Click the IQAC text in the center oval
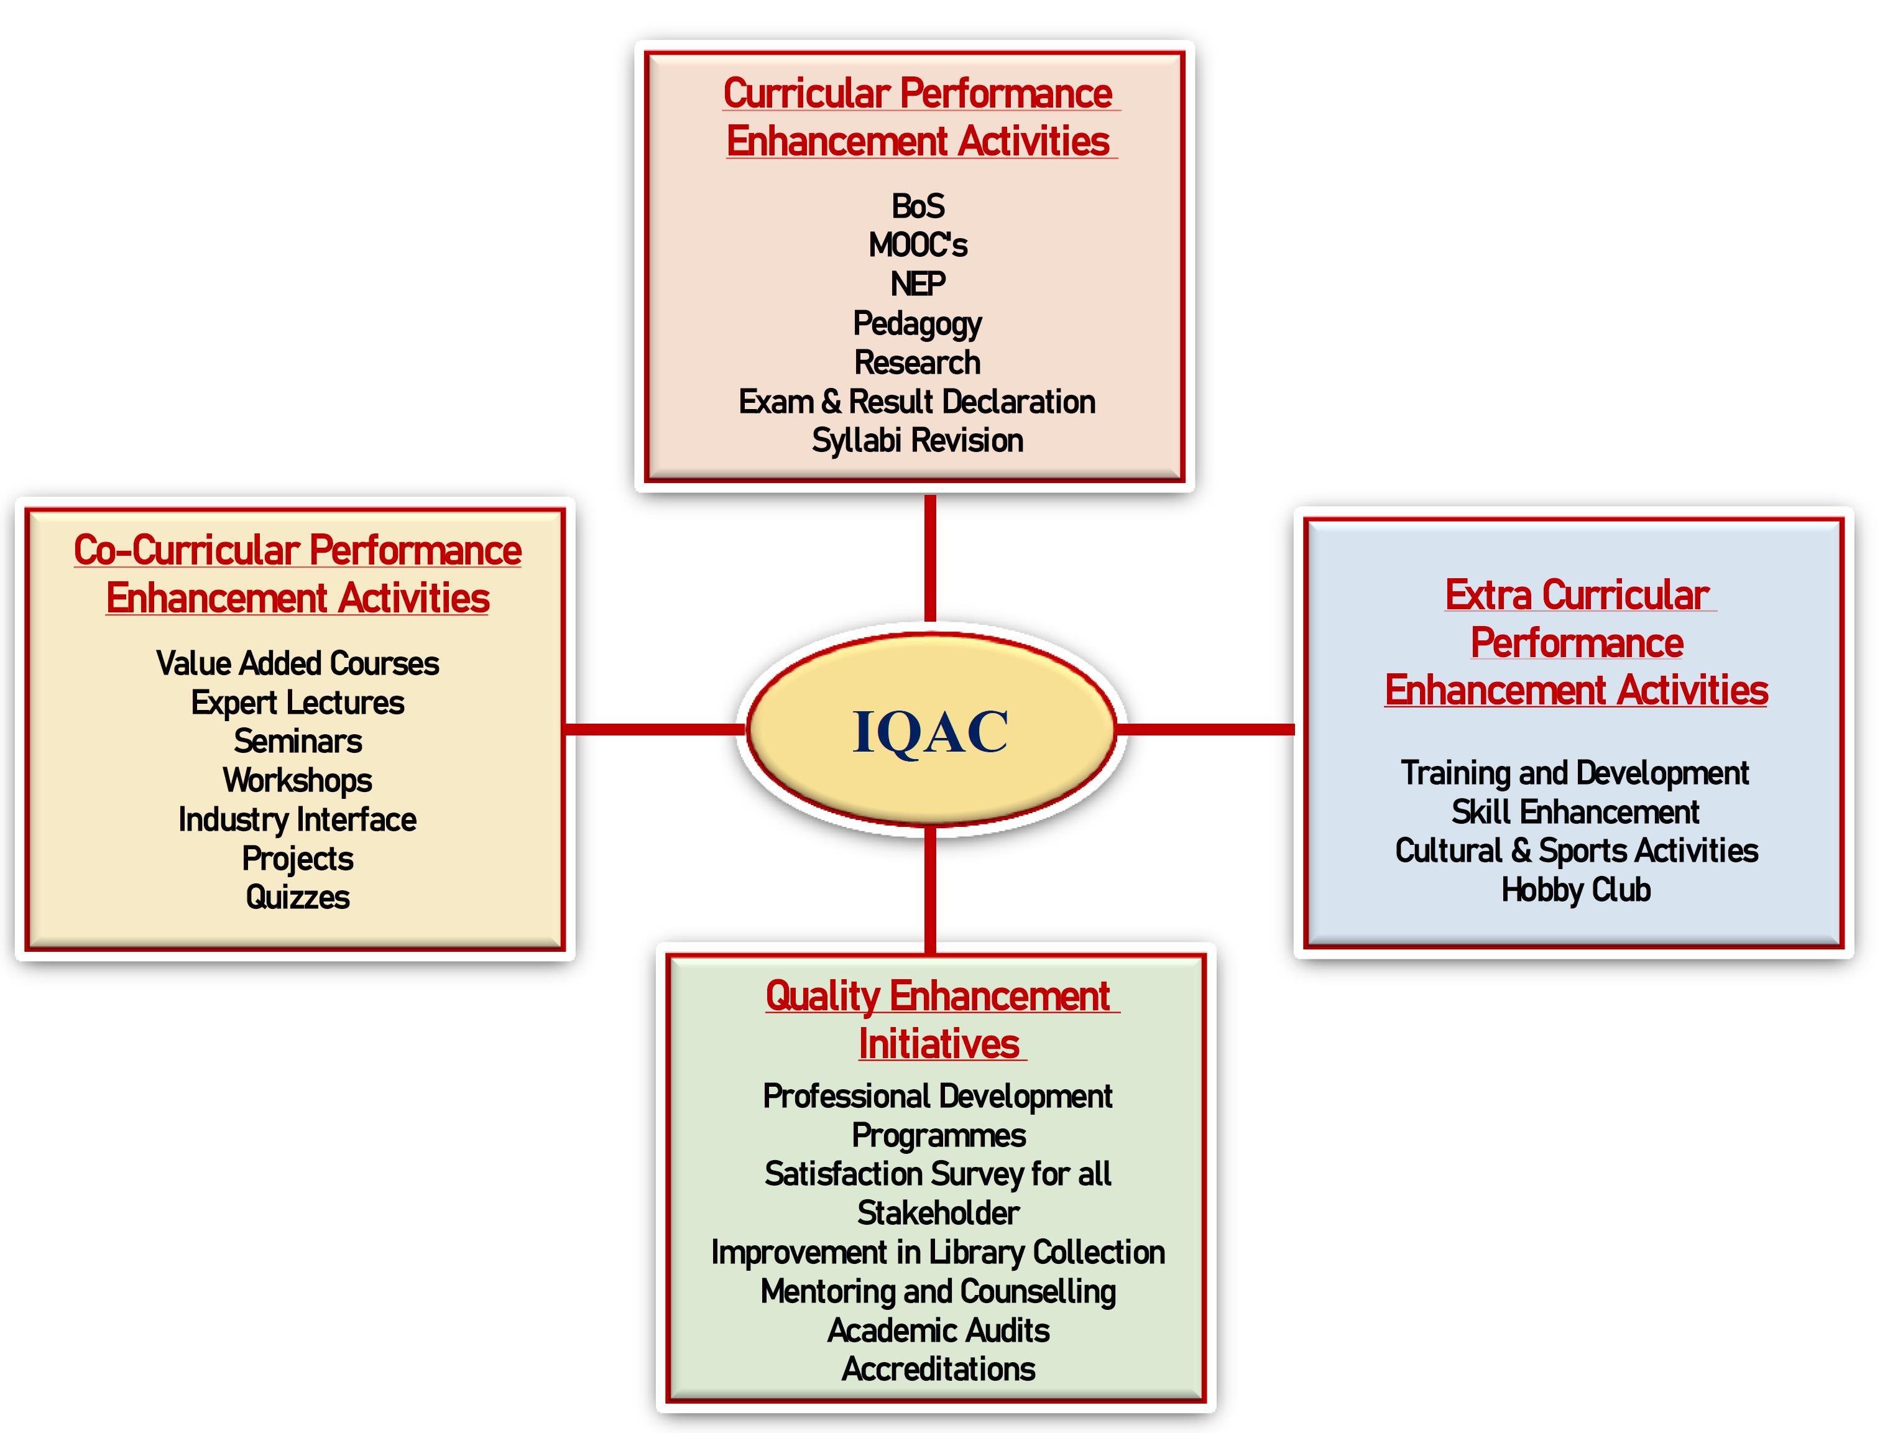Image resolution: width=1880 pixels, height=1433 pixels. (x=930, y=732)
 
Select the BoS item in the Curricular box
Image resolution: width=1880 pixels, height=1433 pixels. (x=918, y=206)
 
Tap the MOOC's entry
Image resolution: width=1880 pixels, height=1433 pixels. (x=918, y=246)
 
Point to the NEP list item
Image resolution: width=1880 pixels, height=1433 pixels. (x=918, y=284)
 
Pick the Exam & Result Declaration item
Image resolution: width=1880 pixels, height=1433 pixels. (x=917, y=402)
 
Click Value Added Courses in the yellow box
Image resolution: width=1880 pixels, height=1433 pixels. (x=298, y=663)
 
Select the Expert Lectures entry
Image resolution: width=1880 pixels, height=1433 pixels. (x=298, y=704)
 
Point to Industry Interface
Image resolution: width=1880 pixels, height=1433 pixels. (x=298, y=821)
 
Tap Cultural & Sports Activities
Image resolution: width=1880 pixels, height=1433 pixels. (x=1577, y=851)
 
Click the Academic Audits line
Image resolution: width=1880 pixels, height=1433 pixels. (x=938, y=1330)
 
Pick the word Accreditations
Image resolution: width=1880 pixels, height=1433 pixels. (x=938, y=1370)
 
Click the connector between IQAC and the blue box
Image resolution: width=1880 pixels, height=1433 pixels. (x=1205, y=729)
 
